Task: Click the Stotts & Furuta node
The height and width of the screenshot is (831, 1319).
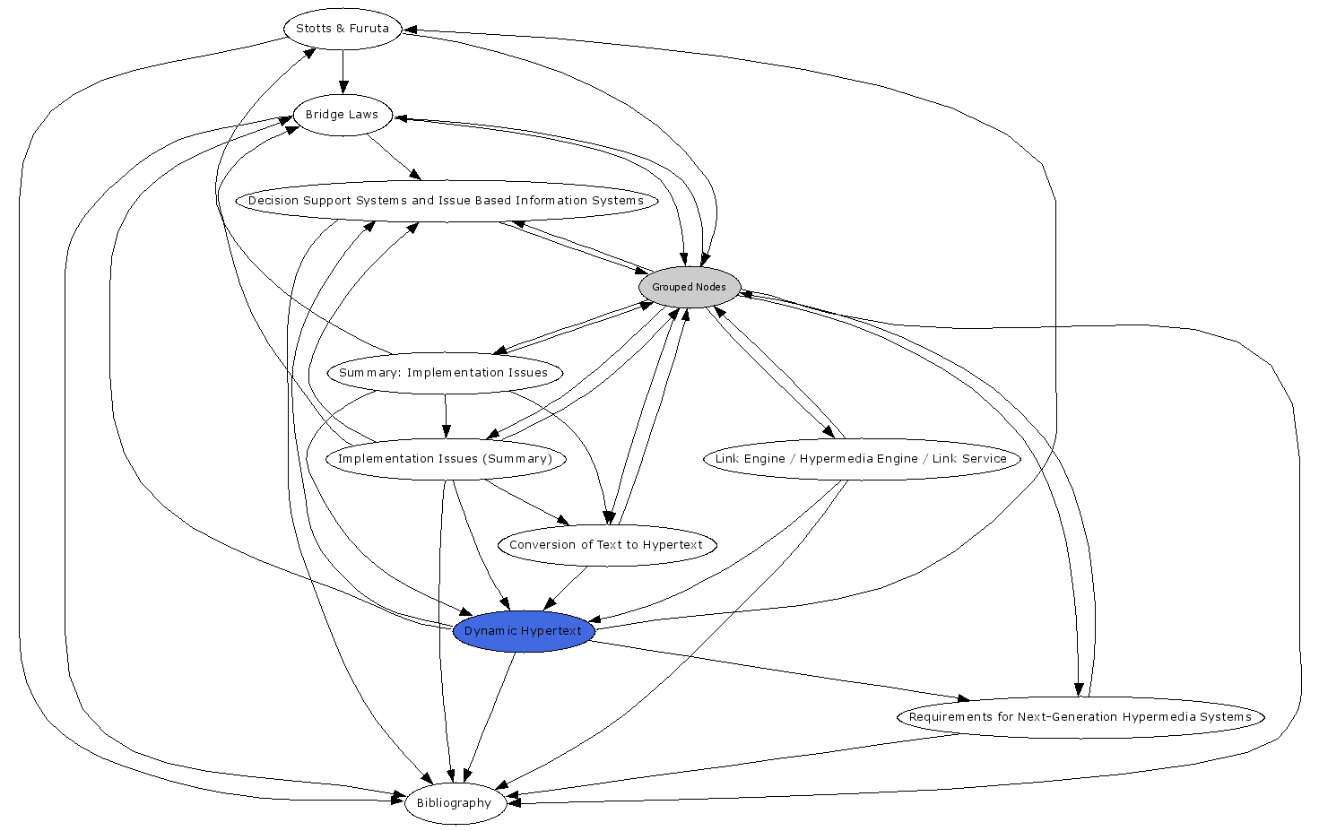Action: (x=342, y=29)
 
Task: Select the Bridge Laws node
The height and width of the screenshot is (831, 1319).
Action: (x=342, y=115)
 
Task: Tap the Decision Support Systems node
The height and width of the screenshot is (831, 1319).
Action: (x=446, y=201)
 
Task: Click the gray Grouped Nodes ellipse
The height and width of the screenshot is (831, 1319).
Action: (x=689, y=287)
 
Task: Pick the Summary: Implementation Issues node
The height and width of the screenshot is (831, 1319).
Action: (x=444, y=373)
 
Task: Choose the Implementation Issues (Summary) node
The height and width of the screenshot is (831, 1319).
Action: (x=445, y=459)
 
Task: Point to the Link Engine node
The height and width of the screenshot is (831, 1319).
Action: (x=861, y=459)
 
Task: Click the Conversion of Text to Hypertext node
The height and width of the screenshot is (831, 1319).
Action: (x=606, y=545)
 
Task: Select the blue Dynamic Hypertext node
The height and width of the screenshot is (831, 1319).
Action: (x=523, y=631)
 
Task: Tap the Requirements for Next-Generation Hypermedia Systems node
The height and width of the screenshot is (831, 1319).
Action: (x=1080, y=717)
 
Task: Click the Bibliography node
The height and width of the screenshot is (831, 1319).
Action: (x=454, y=803)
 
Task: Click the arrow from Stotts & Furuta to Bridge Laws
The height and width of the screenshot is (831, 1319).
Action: (x=343, y=72)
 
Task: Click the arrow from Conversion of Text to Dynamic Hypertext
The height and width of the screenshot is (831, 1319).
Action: (x=565, y=588)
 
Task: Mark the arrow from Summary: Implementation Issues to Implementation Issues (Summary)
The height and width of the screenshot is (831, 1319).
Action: (x=446, y=416)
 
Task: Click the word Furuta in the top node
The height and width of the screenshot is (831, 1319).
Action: (x=369, y=29)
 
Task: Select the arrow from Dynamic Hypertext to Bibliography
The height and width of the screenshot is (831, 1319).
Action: (x=489, y=717)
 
